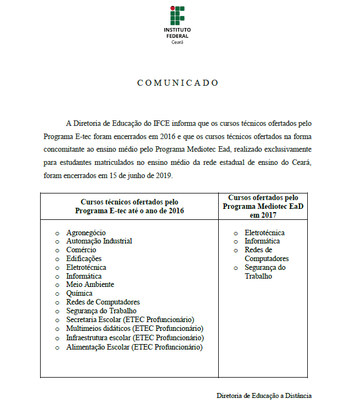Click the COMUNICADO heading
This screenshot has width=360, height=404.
pyautogui.click(x=178, y=83)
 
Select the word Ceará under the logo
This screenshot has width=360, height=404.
pyautogui.click(x=177, y=42)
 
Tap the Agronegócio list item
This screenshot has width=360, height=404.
pyautogui.click(x=86, y=233)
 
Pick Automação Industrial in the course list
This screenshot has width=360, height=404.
pyautogui.click(x=99, y=241)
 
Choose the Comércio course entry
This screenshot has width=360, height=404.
pyautogui.click(x=81, y=250)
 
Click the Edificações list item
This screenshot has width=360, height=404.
pyautogui.click(x=84, y=259)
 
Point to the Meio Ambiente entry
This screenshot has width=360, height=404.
pyautogui.click(x=90, y=285)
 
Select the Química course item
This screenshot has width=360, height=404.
pyautogui.click(x=79, y=294)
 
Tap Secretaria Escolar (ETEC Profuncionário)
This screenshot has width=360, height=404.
pyautogui.click(x=130, y=320)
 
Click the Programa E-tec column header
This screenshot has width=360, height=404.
pyautogui.click(x=129, y=207)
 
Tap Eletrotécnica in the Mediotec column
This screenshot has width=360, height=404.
pyautogui.click(x=264, y=233)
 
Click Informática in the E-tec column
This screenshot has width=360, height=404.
pyautogui.click(x=84, y=276)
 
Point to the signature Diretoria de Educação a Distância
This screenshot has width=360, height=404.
pyautogui.click(x=264, y=395)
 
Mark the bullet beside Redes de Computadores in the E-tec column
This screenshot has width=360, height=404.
pyautogui.click(x=58, y=302)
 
